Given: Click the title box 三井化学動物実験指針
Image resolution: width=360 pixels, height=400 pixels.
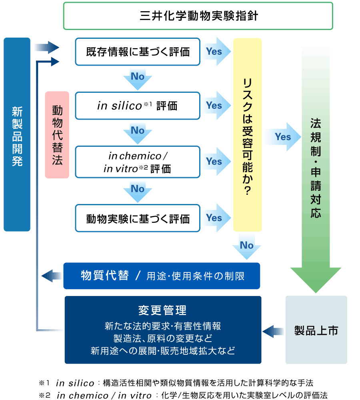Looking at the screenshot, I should click(x=198, y=16).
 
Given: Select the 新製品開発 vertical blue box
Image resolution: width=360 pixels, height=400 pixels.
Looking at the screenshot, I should click(x=17, y=134).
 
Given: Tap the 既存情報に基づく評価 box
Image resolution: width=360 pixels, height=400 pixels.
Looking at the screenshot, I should click(x=138, y=52).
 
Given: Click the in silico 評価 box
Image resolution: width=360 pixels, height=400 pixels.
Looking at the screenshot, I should click(x=138, y=106).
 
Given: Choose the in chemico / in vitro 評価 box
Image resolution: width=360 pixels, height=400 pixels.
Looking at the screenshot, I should click(x=138, y=162).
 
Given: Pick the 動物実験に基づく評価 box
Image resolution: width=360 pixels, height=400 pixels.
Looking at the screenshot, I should click(x=138, y=218).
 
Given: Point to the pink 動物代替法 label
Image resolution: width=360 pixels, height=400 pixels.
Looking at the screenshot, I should click(x=57, y=135).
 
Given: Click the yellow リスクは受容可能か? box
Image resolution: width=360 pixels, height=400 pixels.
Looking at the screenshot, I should click(x=247, y=135).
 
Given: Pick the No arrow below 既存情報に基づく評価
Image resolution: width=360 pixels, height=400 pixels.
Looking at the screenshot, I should click(x=138, y=77).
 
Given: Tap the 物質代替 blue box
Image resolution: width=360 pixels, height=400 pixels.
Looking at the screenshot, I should click(x=162, y=276).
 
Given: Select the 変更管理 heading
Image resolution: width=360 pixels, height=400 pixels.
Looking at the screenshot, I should click(x=162, y=310).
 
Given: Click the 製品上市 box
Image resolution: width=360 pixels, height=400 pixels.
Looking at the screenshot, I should click(x=316, y=330).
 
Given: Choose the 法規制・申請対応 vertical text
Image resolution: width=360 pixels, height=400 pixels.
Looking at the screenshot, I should click(x=316, y=168).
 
